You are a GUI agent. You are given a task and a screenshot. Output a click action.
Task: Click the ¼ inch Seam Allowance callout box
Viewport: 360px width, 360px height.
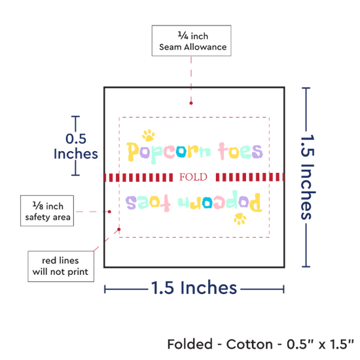pos(192,41)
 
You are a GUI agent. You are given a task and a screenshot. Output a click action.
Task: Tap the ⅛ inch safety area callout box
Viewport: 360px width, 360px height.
pos(47,211)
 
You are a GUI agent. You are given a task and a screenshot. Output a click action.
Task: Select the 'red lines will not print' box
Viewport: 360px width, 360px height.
pos(61,266)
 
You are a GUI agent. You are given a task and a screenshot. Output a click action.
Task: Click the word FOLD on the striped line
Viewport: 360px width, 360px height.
pos(193,177)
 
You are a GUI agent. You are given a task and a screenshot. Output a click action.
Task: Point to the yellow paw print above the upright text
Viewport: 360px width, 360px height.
pos(149,135)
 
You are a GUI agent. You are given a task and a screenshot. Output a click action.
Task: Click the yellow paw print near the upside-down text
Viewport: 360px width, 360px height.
pos(240,219)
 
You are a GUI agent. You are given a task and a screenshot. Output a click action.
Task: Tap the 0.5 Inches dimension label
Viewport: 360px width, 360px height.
pos(76,146)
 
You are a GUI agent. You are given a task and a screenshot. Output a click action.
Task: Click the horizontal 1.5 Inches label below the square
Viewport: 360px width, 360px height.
pos(194,288)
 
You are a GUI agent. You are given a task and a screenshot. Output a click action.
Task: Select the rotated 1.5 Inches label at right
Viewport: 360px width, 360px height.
pos(308,177)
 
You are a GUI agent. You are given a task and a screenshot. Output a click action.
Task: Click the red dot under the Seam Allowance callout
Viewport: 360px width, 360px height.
pos(191,103)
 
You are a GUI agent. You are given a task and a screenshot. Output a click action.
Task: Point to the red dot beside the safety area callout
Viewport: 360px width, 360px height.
pos(109,211)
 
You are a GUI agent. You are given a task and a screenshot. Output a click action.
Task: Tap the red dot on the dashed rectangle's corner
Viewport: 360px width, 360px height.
pos(119,229)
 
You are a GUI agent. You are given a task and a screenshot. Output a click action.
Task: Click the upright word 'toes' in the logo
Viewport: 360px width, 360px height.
pos(240,151)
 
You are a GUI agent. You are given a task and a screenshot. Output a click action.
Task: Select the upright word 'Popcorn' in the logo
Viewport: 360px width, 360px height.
pos(169,153)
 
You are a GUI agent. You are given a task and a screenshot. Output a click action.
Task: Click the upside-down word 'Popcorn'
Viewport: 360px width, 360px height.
pos(220,201)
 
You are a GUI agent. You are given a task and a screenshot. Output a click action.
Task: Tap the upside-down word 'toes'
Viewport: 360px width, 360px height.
pos(148,203)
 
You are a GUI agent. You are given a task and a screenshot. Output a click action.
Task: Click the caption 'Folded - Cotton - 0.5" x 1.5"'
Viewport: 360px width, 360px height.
pos(261,344)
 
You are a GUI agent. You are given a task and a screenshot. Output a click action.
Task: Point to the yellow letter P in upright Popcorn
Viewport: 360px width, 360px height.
pos(133,152)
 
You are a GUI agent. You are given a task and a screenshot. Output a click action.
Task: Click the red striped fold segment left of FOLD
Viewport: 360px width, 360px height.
pos(139,177)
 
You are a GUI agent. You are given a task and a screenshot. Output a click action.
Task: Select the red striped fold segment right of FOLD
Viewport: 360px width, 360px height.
pos(250,177)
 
